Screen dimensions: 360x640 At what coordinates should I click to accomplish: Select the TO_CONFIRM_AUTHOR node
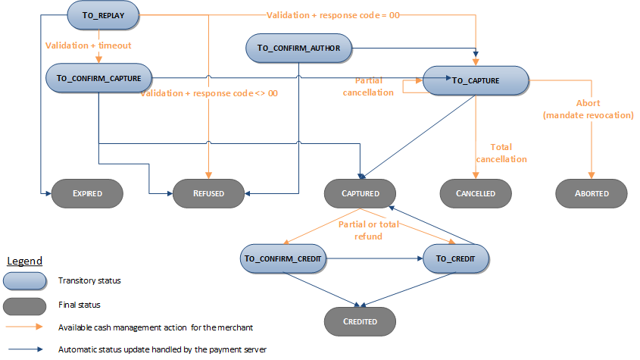click(299, 48)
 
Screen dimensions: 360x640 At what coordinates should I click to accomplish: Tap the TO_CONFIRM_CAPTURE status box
click(99, 78)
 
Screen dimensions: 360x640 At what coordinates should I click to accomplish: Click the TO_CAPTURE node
click(476, 80)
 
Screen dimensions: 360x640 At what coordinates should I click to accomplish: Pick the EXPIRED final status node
click(87, 193)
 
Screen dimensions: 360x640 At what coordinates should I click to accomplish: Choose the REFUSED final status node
click(209, 193)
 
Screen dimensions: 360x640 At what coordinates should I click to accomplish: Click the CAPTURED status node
click(361, 193)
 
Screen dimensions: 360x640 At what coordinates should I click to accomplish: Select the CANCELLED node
click(476, 193)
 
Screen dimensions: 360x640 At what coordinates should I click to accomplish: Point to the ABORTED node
click(592, 193)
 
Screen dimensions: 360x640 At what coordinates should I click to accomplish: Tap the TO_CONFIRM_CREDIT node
click(283, 258)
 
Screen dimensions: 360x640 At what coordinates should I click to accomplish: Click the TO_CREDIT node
click(456, 258)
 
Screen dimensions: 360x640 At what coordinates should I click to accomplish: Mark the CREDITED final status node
click(361, 321)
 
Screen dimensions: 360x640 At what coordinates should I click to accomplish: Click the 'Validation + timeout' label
click(89, 45)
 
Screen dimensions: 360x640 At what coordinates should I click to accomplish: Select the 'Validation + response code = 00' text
click(333, 14)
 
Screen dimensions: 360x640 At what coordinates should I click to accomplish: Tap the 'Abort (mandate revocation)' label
click(588, 110)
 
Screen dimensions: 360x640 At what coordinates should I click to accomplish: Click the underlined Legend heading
click(25, 261)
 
